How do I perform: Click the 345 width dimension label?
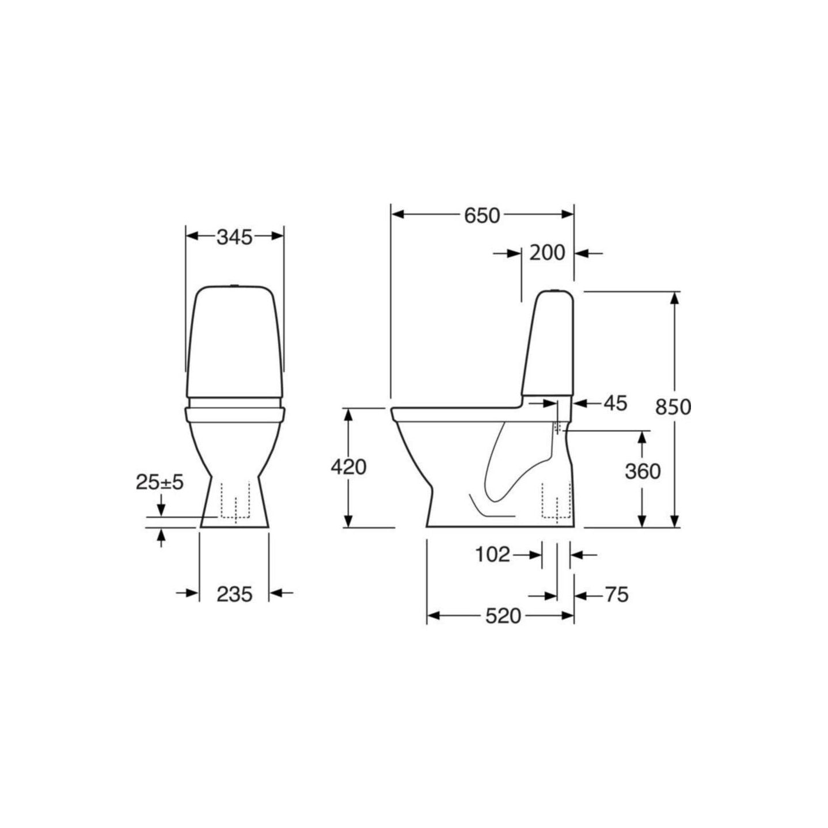234,237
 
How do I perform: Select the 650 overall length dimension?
482,216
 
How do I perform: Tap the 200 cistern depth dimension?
547,253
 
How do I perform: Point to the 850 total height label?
673,407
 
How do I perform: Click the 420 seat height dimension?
348,467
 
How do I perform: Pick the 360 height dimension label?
643,472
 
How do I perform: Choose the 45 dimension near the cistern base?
616,403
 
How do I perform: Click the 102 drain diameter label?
492,554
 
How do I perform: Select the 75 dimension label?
617,595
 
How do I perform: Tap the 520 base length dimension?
503,616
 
